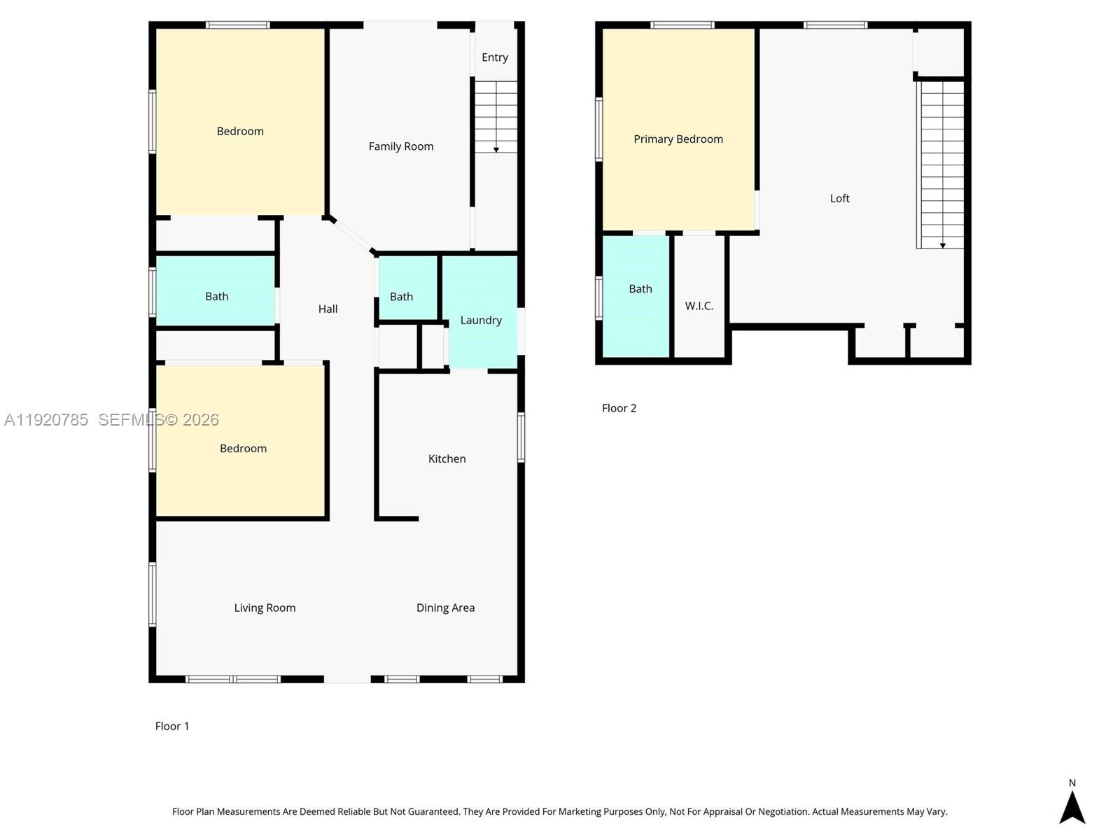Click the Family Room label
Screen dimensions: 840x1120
coord(400,146)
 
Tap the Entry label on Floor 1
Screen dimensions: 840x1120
coord(494,57)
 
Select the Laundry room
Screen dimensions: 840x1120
coord(481,320)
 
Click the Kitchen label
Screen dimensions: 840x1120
coord(447,458)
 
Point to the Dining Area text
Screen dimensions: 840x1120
coord(445,608)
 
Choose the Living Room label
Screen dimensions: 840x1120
coord(265,608)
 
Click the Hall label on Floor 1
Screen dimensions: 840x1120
coord(328,309)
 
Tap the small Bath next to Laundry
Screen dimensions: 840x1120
coord(401,297)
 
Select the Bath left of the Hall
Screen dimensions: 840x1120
coord(216,296)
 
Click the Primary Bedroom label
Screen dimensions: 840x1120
coord(678,139)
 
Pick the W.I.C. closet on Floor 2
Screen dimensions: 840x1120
coord(699,306)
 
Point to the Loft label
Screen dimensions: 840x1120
coord(839,199)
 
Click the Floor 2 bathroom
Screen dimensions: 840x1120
coord(640,288)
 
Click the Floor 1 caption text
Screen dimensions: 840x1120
coord(172,726)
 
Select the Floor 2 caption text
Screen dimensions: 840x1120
coord(619,408)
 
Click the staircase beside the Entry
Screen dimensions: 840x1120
coord(496,116)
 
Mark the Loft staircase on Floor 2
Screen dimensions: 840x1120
coord(941,164)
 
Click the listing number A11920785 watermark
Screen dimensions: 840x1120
coord(46,420)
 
